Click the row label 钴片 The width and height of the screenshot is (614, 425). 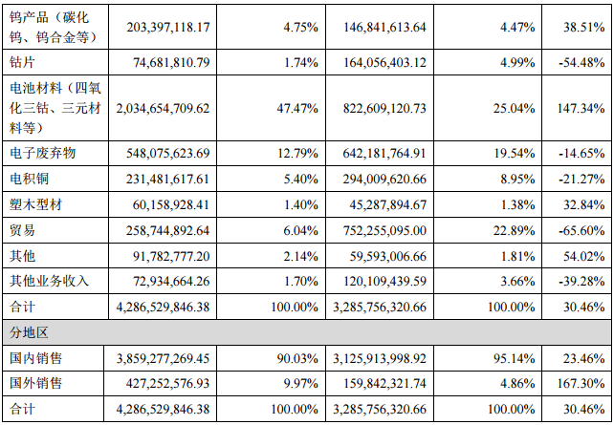pyautogui.click(x=22, y=62)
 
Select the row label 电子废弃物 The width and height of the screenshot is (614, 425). pyautogui.click(x=42, y=153)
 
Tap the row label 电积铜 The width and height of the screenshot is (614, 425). pyautogui.click(x=29, y=179)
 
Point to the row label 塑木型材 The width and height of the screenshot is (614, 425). pyautogui.click(x=35, y=204)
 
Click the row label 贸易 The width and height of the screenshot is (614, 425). pyautogui.click(x=22, y=230)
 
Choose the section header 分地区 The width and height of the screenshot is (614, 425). pyautogui.click(x=29, y=333)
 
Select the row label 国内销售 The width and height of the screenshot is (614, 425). pyautogui.click(x=35, y=359)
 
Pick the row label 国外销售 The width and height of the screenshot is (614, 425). pyautogui.click(x=35, y=384)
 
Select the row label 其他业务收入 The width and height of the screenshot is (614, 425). pyautogui.click(x=49, y=282)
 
